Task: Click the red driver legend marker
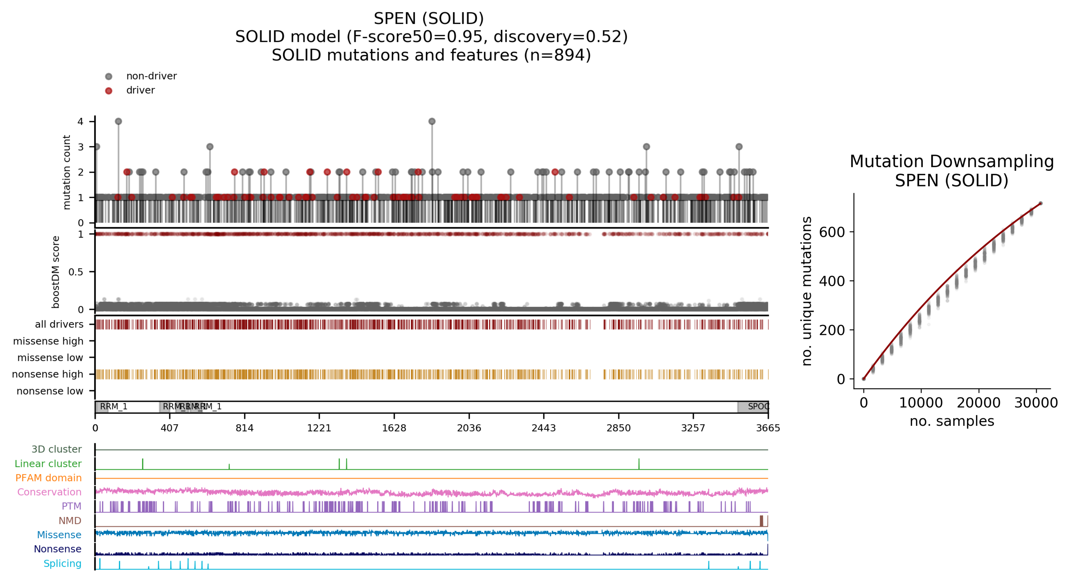pos(108,91)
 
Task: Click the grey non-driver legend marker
pos(108,76)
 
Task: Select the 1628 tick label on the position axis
pos(394,428)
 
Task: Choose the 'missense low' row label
pos(50,358)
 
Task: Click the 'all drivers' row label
pos(59,324)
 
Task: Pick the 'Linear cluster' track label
pos(48,464)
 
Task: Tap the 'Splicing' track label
pos(63,564)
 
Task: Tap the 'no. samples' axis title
pos(951,421)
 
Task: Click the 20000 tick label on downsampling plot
pos(978,403)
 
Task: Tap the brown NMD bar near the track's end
pos(761,521)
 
